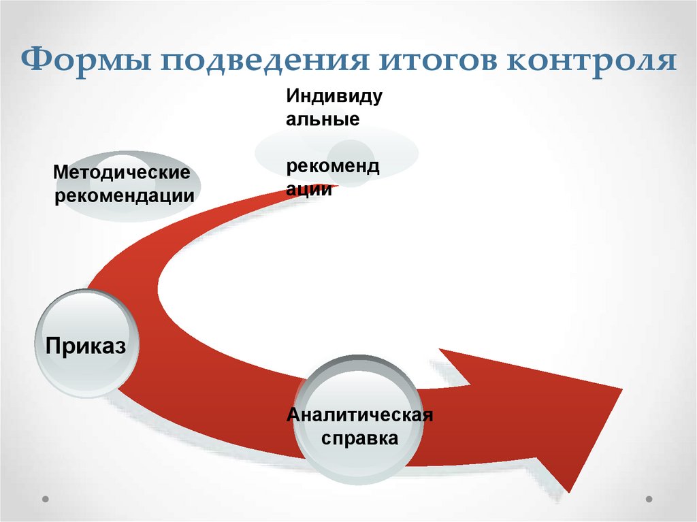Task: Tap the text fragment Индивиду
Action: coord(334,96)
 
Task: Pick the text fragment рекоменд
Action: coord(333,167)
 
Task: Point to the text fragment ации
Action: coord(309,190)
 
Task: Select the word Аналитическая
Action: coord(360,414)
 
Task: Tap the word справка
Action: coord(360,438)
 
